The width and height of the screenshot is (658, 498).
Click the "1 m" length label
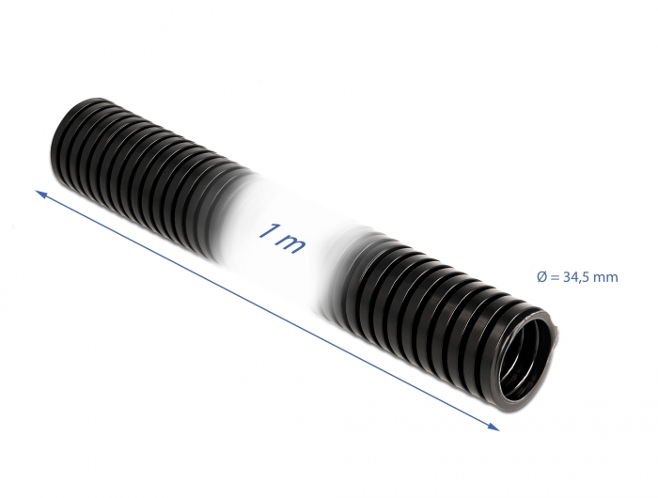point(280,238)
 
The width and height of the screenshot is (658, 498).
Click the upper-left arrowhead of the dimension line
point(41,194)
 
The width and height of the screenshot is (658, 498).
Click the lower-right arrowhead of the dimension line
point(493,428)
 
